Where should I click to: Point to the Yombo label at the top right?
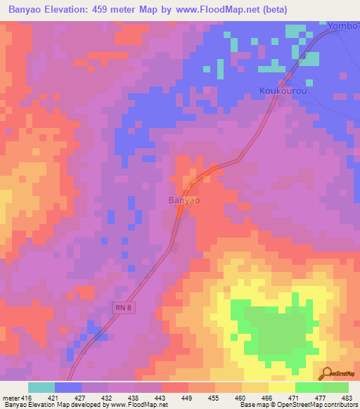click(342, 27)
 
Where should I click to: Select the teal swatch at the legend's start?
click(41, 387)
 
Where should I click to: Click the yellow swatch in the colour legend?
click(281, 387)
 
